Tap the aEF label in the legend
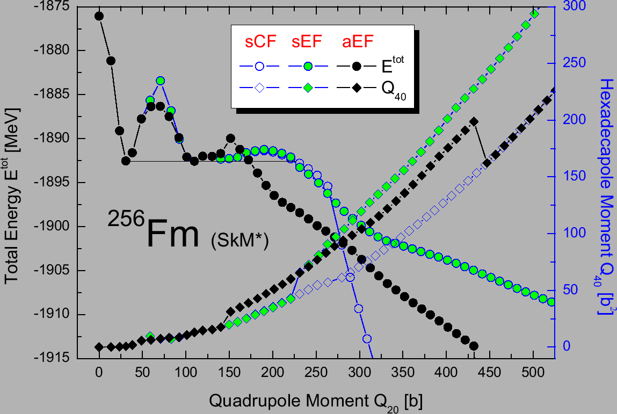(358, 42)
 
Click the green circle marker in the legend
(308, 67)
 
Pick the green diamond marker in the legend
(308, 88)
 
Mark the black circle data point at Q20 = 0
(99, 16)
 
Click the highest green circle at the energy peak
(160, 81)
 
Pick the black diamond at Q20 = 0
(99, 347)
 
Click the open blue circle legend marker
(259, 67)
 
